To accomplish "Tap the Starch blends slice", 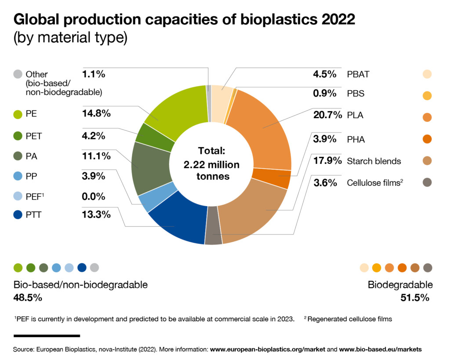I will tap(255, 211).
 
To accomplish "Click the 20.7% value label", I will tap(327, 116).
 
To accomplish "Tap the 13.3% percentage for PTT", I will tap(96, 215).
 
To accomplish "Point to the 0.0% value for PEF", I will tap(94, 196).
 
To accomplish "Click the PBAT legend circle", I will tap(426, 74).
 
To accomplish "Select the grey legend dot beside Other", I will tap(18, 74).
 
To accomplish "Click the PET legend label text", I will tap(33, 136).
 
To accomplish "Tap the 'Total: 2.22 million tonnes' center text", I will tap(212, 164).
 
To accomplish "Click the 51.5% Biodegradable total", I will tap(414, 298).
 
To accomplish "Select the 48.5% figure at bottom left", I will tap(28, 298).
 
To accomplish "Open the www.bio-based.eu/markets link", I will tap(381, 349).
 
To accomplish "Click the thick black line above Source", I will tap(47, 336).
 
